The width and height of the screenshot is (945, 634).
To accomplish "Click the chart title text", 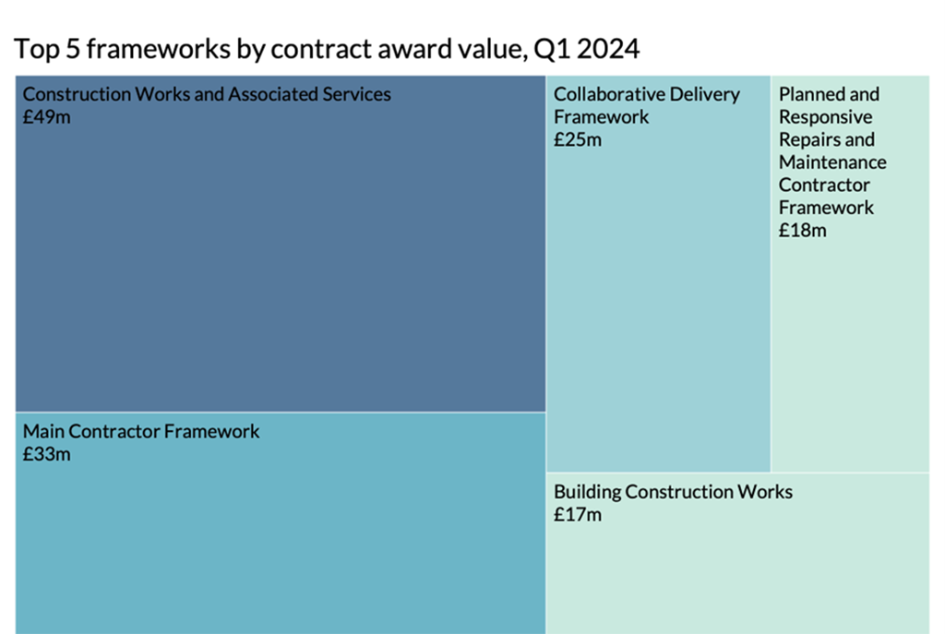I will click(327, 49).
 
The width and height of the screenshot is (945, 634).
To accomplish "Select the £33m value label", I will click(46, 454).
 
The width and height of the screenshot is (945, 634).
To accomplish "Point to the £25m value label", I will click(578, 140).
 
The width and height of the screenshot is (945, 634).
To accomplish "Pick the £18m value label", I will click(803, 231).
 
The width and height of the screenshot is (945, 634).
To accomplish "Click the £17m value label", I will click(578, 515).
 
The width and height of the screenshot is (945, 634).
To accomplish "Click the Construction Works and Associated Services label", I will click(207, 94).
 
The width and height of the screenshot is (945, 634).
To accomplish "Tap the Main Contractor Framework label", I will click(141, 431).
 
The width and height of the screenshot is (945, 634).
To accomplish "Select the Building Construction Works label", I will click(673, 492).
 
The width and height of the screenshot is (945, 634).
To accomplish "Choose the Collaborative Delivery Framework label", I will click(647, 105).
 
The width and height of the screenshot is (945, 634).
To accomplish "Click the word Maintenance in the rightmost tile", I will click(832, 162).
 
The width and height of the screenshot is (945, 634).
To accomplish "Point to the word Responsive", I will click(825, 117).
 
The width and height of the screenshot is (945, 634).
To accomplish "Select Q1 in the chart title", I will click(545, 49).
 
